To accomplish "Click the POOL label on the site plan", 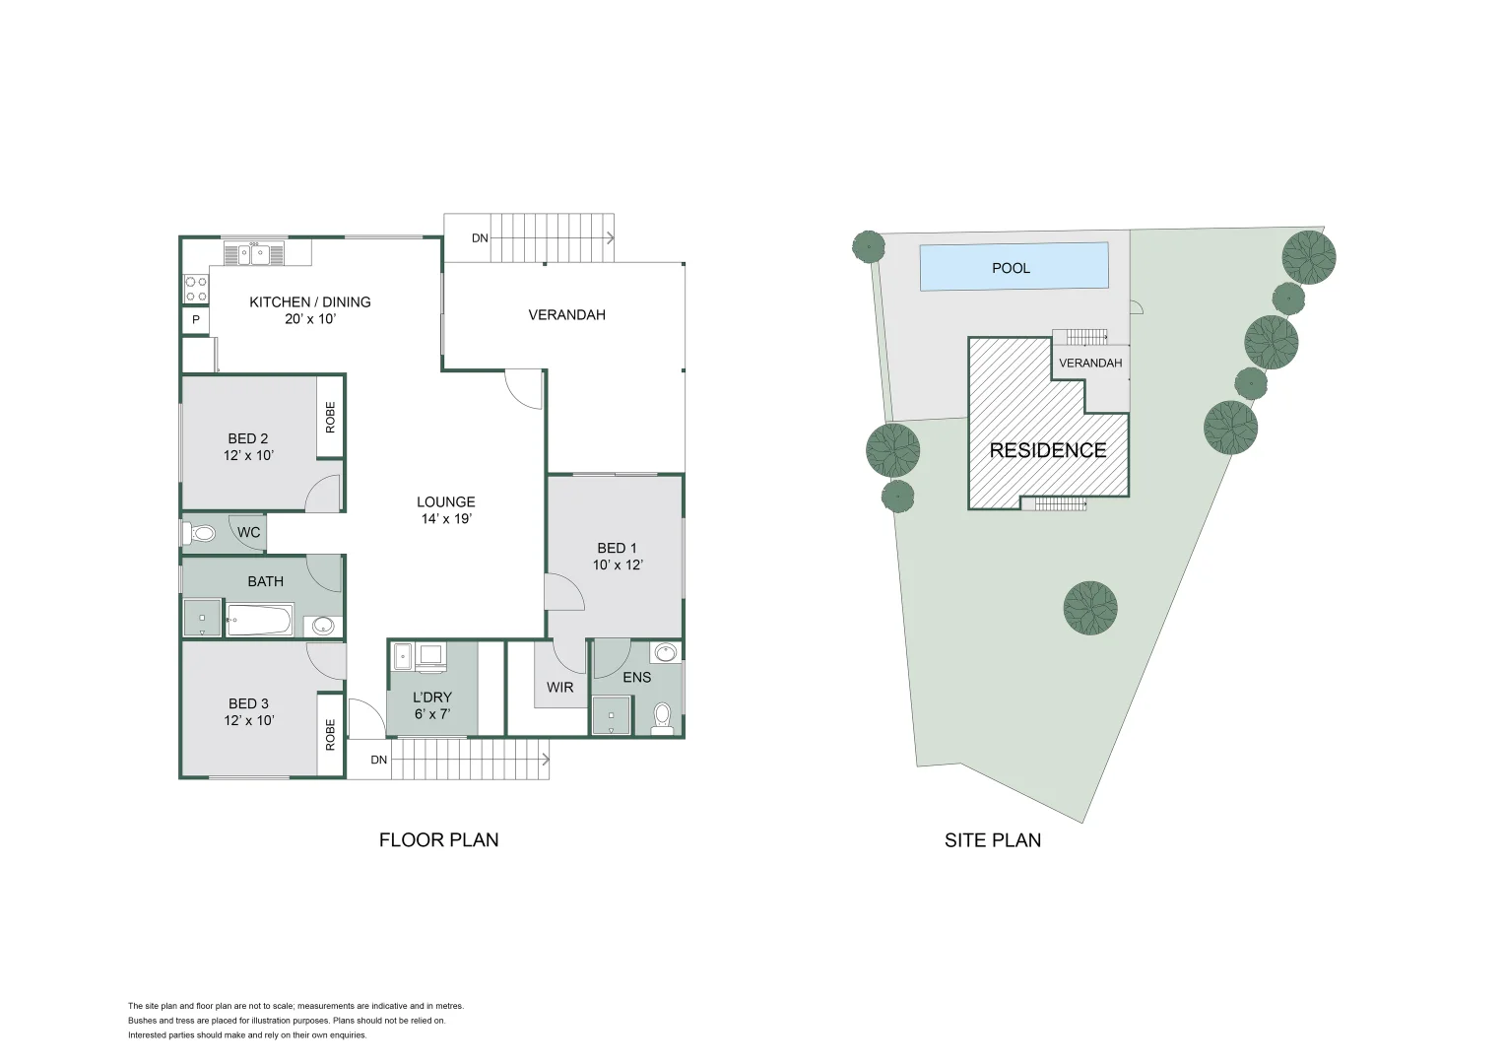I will pos(1011,268).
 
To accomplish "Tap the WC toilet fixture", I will pos(201,533).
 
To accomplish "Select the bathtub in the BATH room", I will pos(259,621).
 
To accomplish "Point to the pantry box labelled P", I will pos(196,320).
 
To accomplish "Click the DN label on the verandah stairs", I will pos(480,238).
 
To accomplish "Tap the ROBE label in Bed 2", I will pos(330,417).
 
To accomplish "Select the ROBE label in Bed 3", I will pos(330,734).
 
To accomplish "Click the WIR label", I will pos(560,687).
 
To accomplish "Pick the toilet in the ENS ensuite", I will pos(663,716).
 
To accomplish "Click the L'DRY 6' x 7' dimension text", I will pos(431,713).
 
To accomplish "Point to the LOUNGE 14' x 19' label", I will pos(445,509).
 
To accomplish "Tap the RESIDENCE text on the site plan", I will pos(1047,450).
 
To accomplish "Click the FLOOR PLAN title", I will pos(438,840).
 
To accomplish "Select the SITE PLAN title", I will pos(992,840).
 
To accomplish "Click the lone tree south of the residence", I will pos(1090,607).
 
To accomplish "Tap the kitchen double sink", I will pos(252,254).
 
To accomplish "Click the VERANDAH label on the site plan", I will pos(1090,364).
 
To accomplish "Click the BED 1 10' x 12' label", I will pos(617,557).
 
